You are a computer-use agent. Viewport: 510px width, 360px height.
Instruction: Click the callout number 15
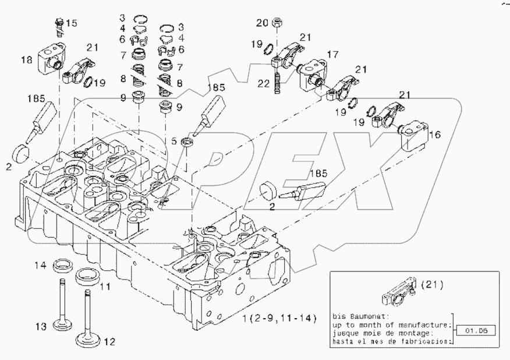(x=70, y=23)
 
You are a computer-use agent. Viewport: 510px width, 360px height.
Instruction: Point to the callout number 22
(x=263, y=83)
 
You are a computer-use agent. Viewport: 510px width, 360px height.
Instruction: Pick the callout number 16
(x=434, y=135)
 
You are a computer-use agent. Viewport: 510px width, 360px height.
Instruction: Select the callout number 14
(x=39, y=266)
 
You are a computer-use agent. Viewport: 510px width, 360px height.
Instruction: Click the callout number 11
(x=106, y=287)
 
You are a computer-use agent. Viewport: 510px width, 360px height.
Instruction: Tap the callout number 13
(x=39, y=327)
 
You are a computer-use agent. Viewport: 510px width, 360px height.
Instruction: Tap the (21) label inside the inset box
(x=431, y=285)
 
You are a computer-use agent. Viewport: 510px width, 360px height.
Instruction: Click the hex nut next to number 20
(x=278, y=24)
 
